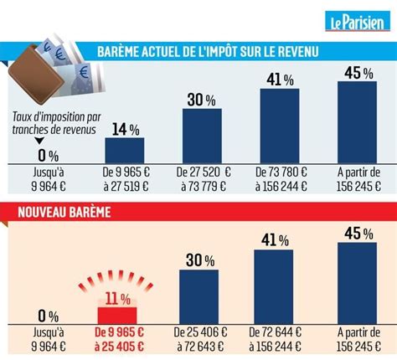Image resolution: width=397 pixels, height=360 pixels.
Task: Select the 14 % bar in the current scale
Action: pyautogui.click(x=124, y=149)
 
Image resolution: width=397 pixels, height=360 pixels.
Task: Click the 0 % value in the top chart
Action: pyautogui.click(x=47, y=155)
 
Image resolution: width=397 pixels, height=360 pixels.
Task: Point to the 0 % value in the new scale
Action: pyautogui.click(x=47, y=317)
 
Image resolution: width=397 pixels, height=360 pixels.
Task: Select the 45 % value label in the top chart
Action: pyautogui.click(x=358, y=74)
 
